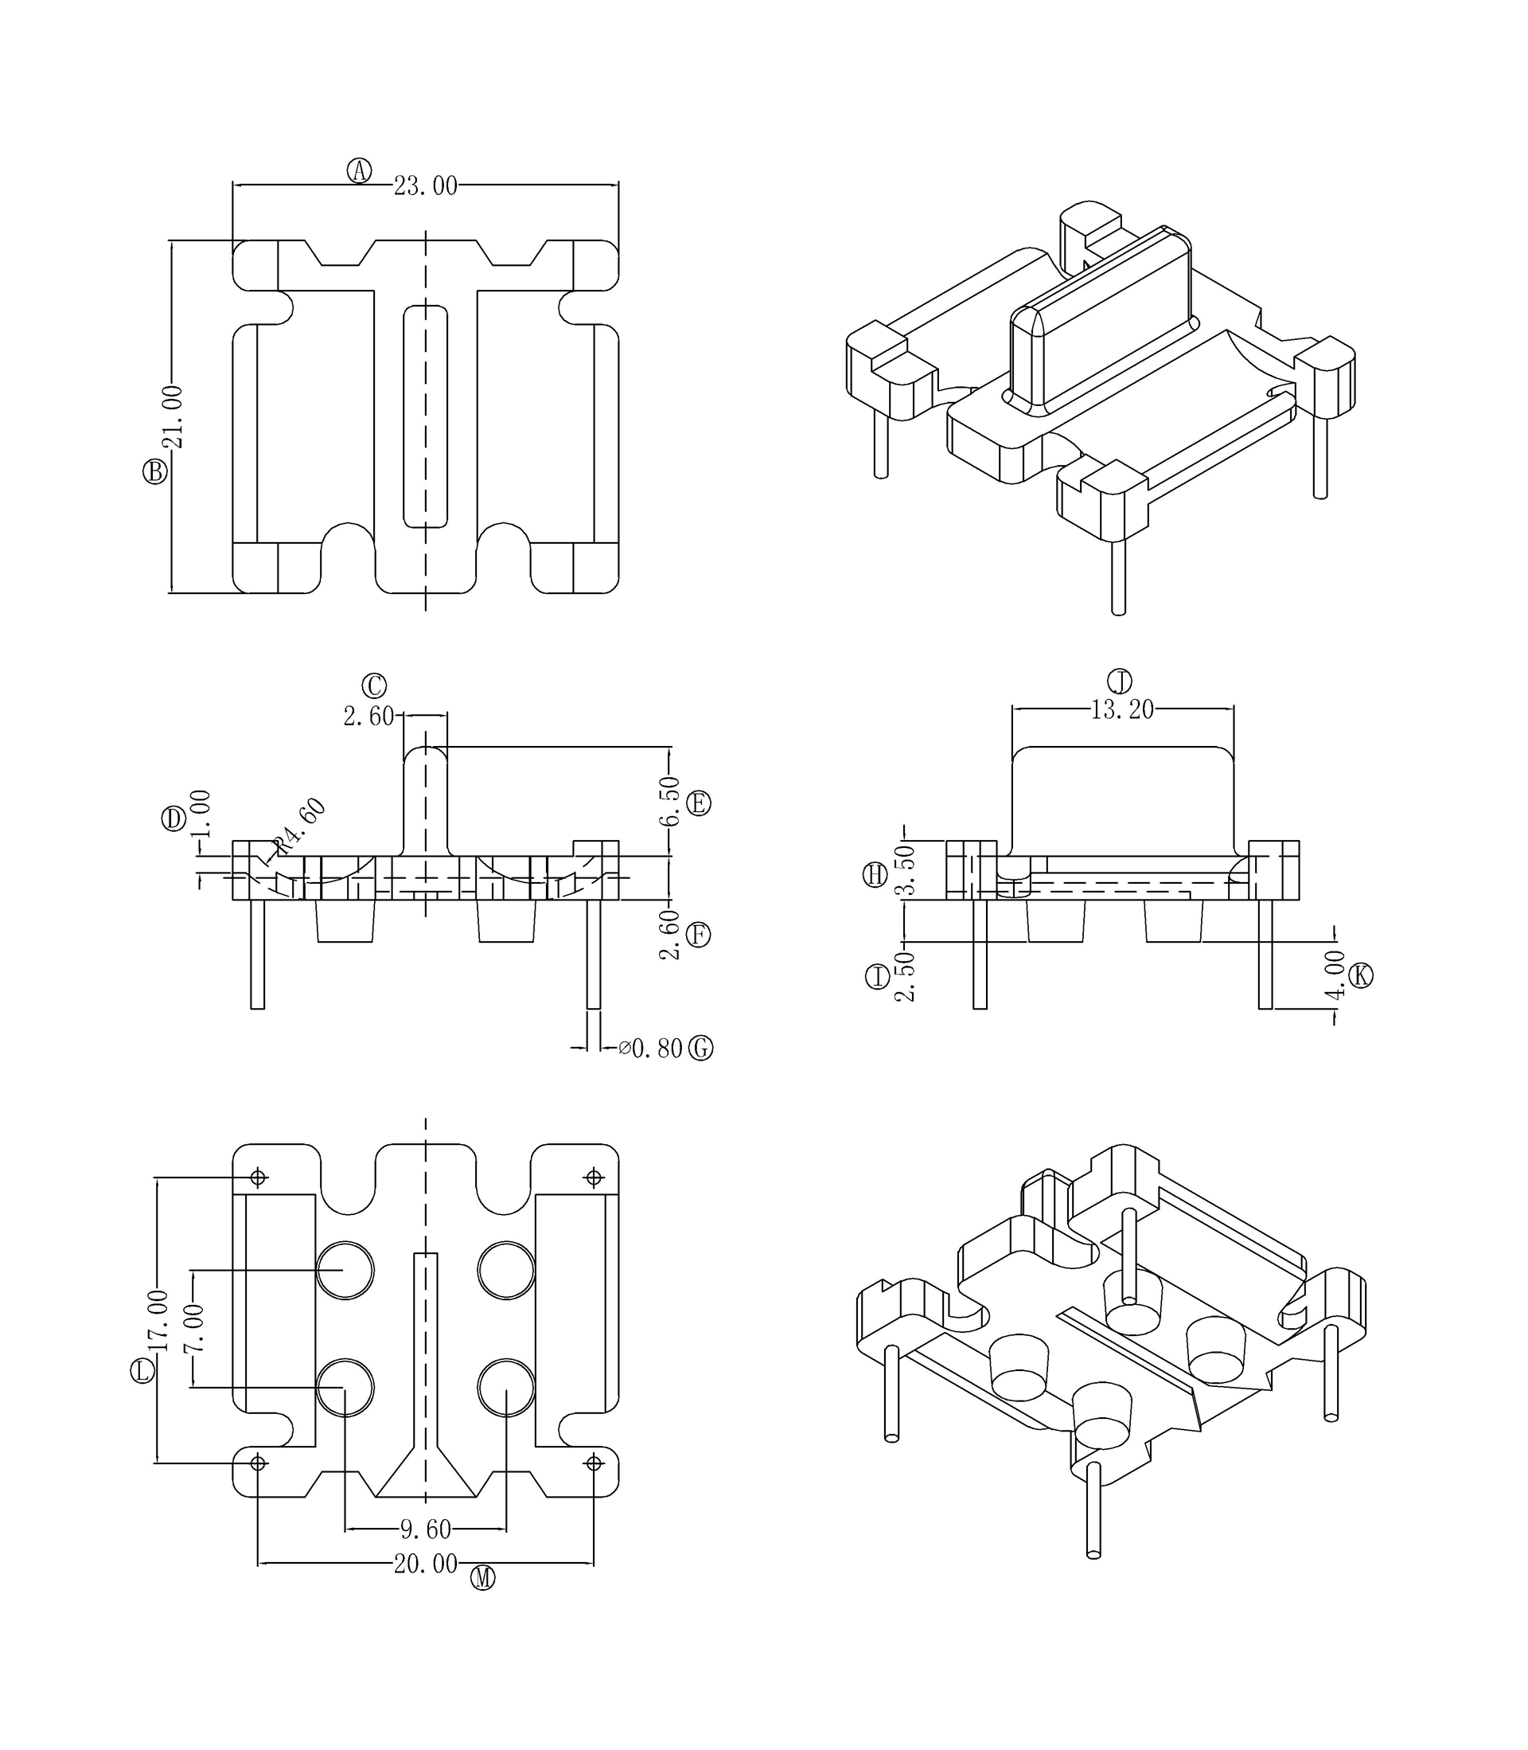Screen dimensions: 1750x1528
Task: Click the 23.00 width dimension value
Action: coord(426,186)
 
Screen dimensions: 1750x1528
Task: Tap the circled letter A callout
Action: coord(360,170)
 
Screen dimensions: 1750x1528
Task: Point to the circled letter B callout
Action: coord(155,471)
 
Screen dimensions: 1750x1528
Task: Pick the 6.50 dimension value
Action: coord(671,801)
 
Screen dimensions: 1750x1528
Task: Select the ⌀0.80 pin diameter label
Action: coord(651,1048)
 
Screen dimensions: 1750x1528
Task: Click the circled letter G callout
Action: coord(701,1048)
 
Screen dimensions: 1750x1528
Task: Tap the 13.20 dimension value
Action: coord(1122,709)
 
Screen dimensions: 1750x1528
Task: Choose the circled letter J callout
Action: coord(1120,682)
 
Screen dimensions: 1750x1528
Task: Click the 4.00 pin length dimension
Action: coord(1335,975)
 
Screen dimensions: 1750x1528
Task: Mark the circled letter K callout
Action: coord(1361,975)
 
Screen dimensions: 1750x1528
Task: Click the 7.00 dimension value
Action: coord(195,1329)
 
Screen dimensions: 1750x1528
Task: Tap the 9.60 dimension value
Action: coord(426,1530)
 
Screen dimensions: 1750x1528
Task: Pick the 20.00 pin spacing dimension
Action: coord(426,1564)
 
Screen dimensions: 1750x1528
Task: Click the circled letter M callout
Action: coord(482,1579)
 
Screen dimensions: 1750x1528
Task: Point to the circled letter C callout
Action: coord(374,686)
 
